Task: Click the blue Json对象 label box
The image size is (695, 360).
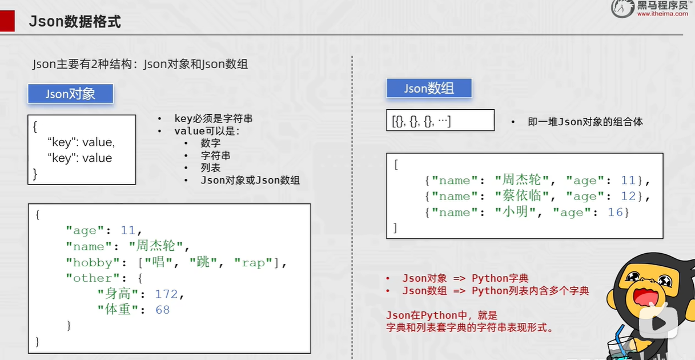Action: coord(70,93)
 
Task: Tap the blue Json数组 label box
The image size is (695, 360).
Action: coord(429,88)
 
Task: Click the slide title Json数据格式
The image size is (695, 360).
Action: coord(75,21)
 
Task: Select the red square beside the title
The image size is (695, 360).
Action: coord(7,21)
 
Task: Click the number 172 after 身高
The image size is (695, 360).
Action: coord(166,294)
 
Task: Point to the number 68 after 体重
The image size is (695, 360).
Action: coord(163,310)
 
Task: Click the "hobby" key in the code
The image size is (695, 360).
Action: coord(93,262)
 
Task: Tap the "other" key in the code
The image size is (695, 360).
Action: coord(93,278)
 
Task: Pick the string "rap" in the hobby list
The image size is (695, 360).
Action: coord(253,263)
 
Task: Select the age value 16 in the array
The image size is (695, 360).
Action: coord(615,212)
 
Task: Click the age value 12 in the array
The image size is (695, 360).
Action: coord(628,196)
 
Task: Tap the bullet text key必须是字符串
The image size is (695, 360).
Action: coord(214,118)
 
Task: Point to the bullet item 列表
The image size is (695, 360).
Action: coord(211,168)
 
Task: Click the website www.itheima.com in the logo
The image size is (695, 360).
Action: coord(662,14)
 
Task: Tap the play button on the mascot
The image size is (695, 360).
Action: coord(658,323)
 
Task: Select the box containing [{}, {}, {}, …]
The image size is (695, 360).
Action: coord(440,120)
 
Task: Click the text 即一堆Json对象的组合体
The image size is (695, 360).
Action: coord(585,122)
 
